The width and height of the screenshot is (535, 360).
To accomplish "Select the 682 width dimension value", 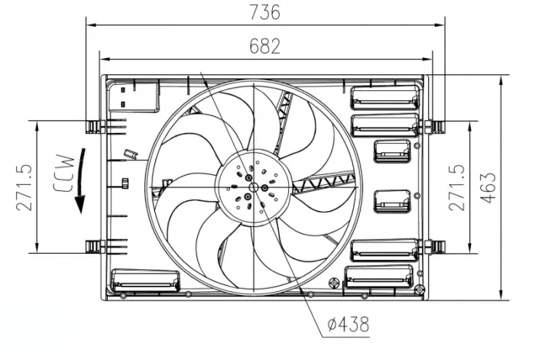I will (x=265, y=46).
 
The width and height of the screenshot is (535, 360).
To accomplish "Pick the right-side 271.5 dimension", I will (x=456, y=186).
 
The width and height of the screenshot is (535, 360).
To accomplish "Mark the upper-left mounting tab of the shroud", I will (x=94, y=125).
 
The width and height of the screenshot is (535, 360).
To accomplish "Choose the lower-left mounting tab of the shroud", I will (x=94, y=246).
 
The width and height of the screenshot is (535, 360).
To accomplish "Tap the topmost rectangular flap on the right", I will (x=384, y=97).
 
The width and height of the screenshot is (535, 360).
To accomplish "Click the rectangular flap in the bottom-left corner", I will (x=145, y=280).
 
